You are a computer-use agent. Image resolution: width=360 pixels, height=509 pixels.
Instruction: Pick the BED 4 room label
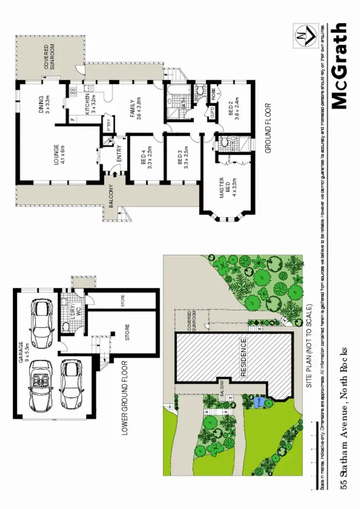pyautogui.click(x=147, y=158)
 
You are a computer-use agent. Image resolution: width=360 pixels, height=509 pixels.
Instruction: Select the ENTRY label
pyautogui.click(x=120, y=154)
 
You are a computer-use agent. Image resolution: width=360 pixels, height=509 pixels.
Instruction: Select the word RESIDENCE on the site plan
pyautogui.click(x=243, y=357)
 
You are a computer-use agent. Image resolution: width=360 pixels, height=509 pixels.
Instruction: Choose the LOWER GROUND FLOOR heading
pyautogui.click(x=124, y=398)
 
